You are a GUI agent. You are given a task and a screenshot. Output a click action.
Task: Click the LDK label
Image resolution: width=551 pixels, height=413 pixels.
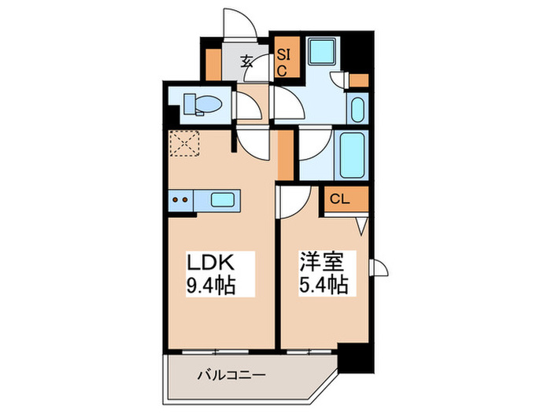tap(209, 261)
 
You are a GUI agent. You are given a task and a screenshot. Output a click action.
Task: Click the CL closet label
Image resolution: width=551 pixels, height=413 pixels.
tap(341, 200)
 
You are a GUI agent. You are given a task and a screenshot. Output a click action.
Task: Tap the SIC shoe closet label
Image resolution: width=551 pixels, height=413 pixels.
tap(282, 62)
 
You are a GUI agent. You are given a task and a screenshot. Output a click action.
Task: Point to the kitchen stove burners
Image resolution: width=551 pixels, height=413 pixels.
tap(180, 199)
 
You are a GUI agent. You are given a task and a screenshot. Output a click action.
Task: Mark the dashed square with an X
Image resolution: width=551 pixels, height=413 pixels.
tap(187, 144)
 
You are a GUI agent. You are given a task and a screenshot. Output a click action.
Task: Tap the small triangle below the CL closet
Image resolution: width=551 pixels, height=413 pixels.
tap(361, 227)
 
